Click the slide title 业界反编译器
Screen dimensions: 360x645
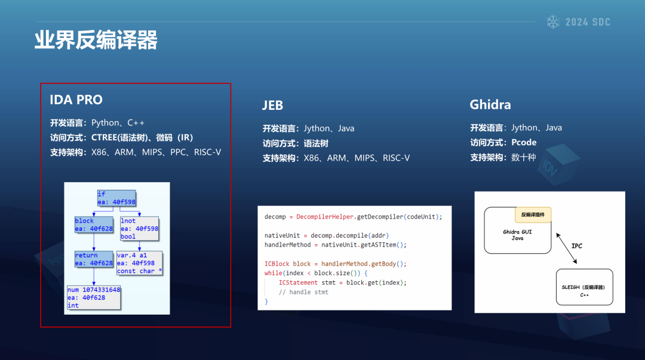(96, 41)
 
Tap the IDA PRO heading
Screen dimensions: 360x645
(76, 100)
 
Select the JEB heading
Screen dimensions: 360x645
(272, 106)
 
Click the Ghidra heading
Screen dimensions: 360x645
(490, 105)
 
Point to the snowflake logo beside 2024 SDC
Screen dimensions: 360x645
(553, 22)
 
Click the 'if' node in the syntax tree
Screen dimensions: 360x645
(116, 198)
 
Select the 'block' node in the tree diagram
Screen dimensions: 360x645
(94, 225)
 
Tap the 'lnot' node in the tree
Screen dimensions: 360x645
(140, 229)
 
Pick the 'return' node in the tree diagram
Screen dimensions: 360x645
(94, 259)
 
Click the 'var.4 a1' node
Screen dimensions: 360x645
(140, 263)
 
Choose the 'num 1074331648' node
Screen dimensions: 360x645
(94, 297)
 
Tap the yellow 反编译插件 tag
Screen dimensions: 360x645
(533, 215)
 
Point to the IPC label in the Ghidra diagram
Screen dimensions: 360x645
(577, 246)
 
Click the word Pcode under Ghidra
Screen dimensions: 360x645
(524, 142)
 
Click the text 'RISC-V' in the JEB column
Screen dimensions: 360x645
(396, 158)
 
